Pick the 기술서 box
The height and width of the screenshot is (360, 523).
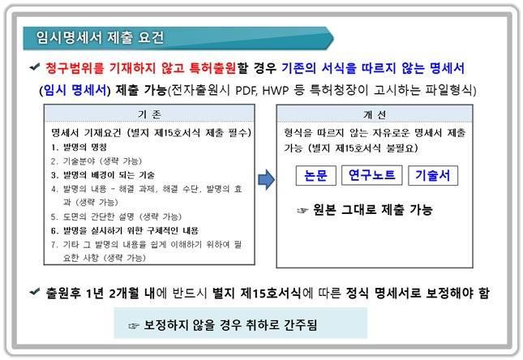(431, 175)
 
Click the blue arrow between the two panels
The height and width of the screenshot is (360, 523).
(265, 179)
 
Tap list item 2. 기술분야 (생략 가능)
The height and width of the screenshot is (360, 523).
(96, 161)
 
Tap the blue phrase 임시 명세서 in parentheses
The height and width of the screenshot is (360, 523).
(74, 88)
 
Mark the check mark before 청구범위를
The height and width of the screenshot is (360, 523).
(34, 67)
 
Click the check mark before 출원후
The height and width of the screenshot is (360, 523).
(34, 290)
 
